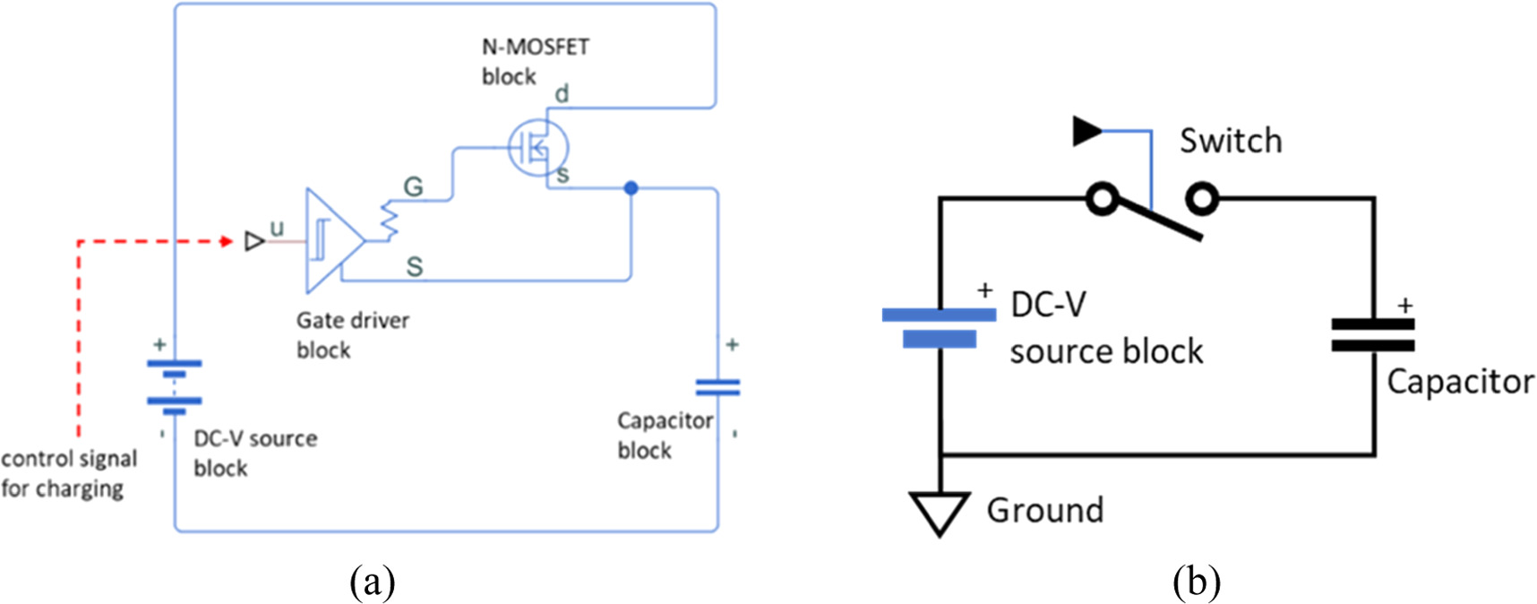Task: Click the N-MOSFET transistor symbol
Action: click(537, 147)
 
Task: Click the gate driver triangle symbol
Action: click(330, 241)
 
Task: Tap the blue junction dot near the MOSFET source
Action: click(631, 188)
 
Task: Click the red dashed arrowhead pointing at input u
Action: click(227, 241)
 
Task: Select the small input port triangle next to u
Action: click(254, 241)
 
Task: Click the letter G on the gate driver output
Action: click(413, 186)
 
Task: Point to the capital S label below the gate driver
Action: click(414, 266)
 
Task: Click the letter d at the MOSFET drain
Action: click(562, 93)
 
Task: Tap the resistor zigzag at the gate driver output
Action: click(390, 220)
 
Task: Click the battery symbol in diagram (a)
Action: click(175, 386)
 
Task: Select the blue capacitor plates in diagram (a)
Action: click(717, 387)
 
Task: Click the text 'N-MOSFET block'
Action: click(535, 61)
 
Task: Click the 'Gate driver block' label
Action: click(352, 334)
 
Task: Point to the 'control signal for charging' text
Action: click(68, 473)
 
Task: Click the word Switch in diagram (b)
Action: click(1230, 141)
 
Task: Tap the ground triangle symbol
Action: click(940, 512)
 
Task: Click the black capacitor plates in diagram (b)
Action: click(1372, 334)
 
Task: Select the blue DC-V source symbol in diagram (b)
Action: click(939, 327)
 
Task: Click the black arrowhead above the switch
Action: click(1086, 131)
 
